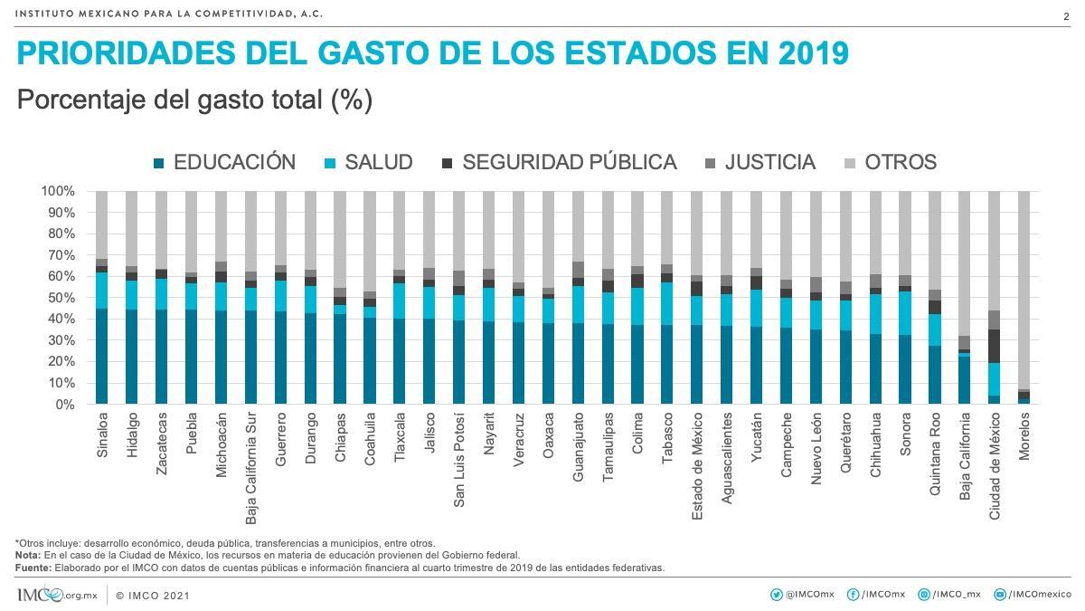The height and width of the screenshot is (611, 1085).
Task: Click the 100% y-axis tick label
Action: point(56,191)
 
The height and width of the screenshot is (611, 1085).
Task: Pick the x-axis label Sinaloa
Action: point(102,435)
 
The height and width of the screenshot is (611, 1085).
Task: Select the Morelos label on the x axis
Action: point(1024,437)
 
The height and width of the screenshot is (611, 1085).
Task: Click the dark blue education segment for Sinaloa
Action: point(102,357)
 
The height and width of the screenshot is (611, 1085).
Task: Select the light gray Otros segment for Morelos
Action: point(1024,290)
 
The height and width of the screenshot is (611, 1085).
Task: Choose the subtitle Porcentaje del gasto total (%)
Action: point(194,100)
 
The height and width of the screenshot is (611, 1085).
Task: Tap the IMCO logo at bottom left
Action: point(40,595)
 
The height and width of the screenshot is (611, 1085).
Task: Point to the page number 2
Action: point(1066,16)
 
